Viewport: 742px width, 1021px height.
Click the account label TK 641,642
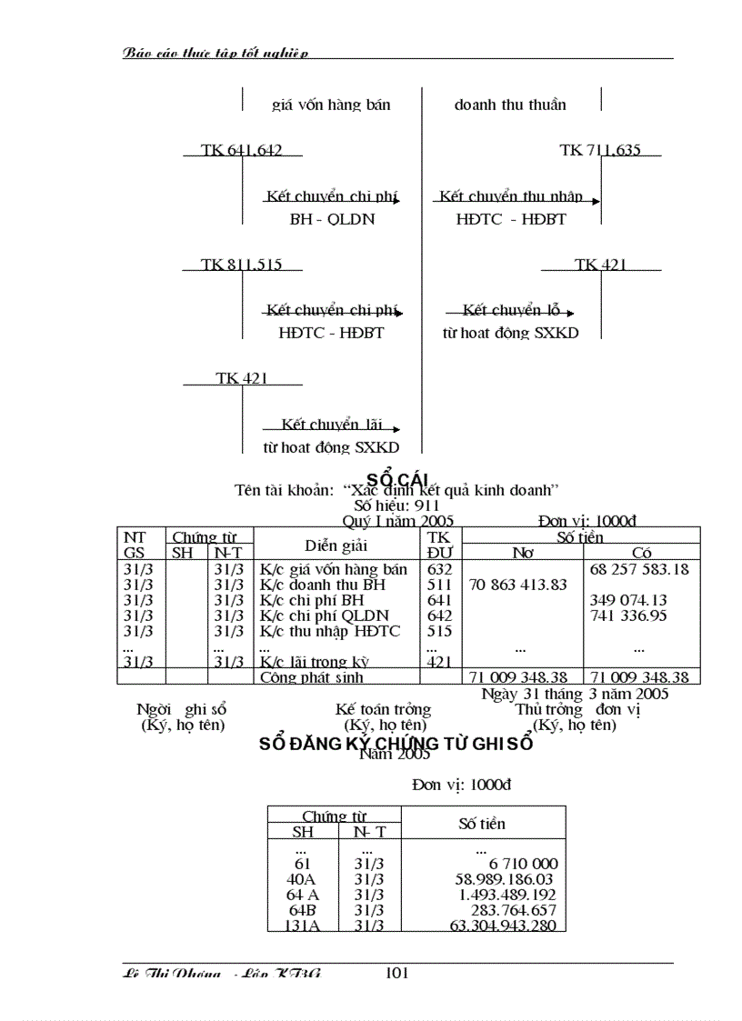click(242, 150)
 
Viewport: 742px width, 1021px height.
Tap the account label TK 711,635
click(600, 150)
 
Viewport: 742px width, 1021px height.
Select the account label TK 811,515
click(242, 265)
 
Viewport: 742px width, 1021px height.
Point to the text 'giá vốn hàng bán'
click(331, 105)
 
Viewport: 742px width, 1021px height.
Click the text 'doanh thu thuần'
click(510, 105)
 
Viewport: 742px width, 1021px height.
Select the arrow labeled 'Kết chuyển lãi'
click(332, 425)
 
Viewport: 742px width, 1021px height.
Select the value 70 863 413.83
click(518, 585)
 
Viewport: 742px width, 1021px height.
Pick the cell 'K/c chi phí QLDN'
click(324, 616)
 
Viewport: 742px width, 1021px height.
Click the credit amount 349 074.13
click(640, 600)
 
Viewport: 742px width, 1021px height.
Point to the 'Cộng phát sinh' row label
click(312, 677)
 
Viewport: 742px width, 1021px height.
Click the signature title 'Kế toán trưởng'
click(383, 709)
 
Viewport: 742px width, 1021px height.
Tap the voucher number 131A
click(302, 926)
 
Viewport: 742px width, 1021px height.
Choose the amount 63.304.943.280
click(503, 926)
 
